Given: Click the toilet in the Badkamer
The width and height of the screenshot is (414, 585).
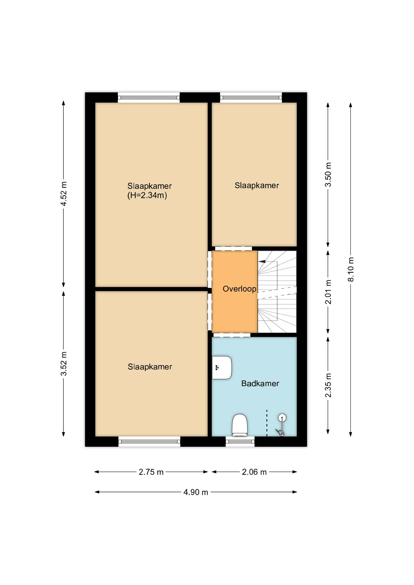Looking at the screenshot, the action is (240, 425).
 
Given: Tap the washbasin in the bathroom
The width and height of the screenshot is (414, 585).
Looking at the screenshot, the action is (222, 367).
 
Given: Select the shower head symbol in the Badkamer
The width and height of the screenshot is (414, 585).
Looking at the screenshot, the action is (281, 425).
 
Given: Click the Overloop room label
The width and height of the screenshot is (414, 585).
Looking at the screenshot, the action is (239, 289).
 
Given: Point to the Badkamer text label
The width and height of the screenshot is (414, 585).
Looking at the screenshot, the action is (260, 383).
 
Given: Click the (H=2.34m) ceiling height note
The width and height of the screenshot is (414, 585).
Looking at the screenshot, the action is (147, 195).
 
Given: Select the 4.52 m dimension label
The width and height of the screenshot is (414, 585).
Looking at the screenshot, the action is (63, 194).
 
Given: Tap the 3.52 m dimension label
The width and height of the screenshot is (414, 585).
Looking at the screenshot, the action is (63, 363).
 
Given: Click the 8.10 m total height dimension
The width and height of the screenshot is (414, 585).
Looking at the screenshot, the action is (351, 269).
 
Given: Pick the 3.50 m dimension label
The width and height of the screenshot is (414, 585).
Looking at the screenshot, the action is (328, 175).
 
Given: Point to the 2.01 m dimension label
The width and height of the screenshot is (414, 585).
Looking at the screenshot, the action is (328, 292).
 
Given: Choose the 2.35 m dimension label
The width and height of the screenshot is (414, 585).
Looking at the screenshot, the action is (328, 385).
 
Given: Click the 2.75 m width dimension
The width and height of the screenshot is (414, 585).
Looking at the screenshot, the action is (151, 472).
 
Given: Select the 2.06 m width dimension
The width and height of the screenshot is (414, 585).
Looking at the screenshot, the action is (254, 472).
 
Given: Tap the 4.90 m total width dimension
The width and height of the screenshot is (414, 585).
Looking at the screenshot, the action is (196, 492).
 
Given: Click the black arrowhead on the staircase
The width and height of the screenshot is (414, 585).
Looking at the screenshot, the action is (262, 261).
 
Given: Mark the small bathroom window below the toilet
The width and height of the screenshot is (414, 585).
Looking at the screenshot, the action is (240, 441).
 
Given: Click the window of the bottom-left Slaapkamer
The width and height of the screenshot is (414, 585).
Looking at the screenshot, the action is (149, 441).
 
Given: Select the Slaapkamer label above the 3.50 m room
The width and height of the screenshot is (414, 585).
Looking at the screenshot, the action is (257, 186).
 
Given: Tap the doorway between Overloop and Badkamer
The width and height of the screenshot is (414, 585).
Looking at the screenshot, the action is (232, 335).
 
